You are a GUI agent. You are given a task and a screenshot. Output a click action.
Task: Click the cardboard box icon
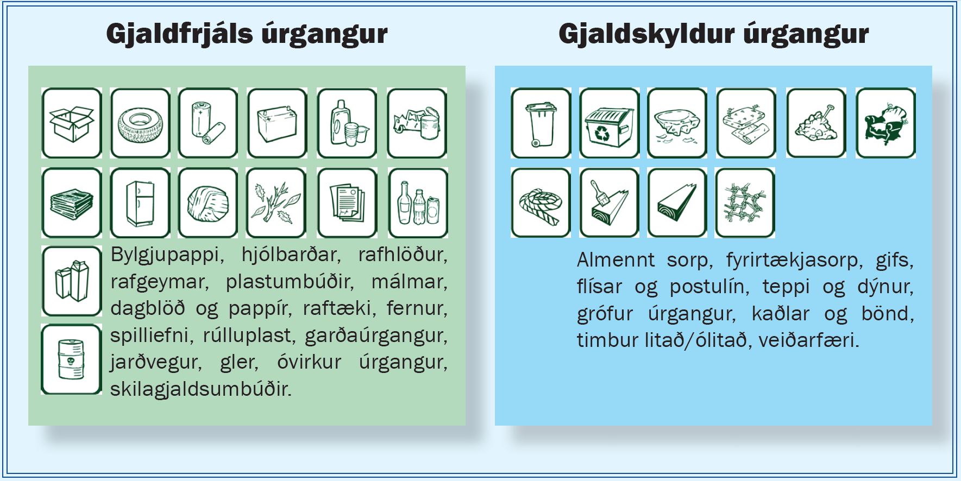pyautogui.click(x=72, y=123)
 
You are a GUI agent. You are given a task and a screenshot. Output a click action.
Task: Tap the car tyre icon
pyautogui.click(x=140, y=123)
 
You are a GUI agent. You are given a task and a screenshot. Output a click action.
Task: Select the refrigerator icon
pyautogui.click(x=140, y=203)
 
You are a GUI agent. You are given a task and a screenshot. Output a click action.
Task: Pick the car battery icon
pyautogui.click(x=277, y=123)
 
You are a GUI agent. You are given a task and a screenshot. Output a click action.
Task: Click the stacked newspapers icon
pyautogui.click(x=72, y=203)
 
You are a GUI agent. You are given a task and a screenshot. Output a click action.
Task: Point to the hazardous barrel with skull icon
pyautogui.click(x=72, y=359)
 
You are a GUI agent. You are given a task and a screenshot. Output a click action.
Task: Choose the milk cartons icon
pyautogui.click(x=72, y=281)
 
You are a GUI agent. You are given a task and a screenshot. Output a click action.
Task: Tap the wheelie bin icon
pyautogui.click(x=541, y=123)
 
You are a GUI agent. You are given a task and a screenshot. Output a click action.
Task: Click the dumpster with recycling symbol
pyautogui.click(x=609, y=123)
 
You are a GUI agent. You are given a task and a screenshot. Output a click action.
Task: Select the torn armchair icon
pyautogui.click(x=886, y=123)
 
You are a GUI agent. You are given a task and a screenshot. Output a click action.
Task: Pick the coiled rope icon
pyautogui.click(x=541, y=203)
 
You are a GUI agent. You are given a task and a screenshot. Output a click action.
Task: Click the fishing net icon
pyautogui.click(x=745, y=203)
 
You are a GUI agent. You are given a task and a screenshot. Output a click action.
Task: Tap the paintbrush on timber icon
pyautogui.click(x=609, y=203)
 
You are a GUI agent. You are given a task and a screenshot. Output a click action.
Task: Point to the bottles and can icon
pyautogui.click(x=418, y=203)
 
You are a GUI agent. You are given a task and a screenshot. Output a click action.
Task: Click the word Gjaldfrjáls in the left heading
pyautogui.click(x=180, y=34)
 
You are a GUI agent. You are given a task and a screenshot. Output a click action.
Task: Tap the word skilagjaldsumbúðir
pyautogui.click(x=201, y=389)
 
